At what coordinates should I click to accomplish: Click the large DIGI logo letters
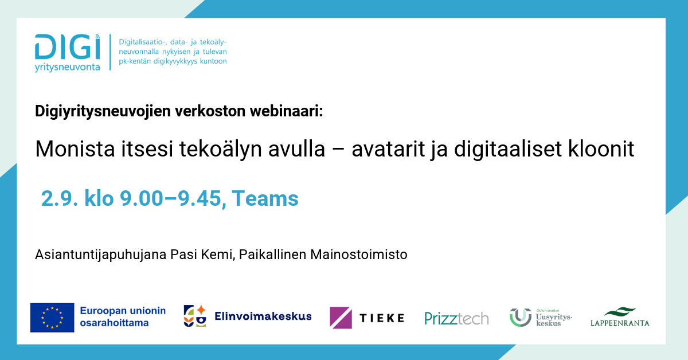point(68,46)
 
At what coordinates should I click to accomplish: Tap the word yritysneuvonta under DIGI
point(67,67)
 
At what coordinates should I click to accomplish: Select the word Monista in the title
point(75,149)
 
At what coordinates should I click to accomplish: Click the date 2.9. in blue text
point(60,198)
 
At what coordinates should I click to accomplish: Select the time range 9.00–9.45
point(170,198)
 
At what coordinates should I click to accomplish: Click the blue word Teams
point(265,198)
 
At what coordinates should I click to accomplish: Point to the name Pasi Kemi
point(201,255)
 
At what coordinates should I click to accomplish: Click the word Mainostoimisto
point(359,255)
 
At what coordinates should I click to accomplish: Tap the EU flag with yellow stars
point(52,318)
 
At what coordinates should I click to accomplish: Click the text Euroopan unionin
point(123,311)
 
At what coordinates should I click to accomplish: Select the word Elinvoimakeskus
point(263,316)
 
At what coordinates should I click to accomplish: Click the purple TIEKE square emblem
point(341,318)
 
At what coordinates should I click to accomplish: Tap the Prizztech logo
point(457,318)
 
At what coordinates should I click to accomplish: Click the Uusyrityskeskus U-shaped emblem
point(521,318)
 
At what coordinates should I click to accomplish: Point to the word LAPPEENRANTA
point(620,323)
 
